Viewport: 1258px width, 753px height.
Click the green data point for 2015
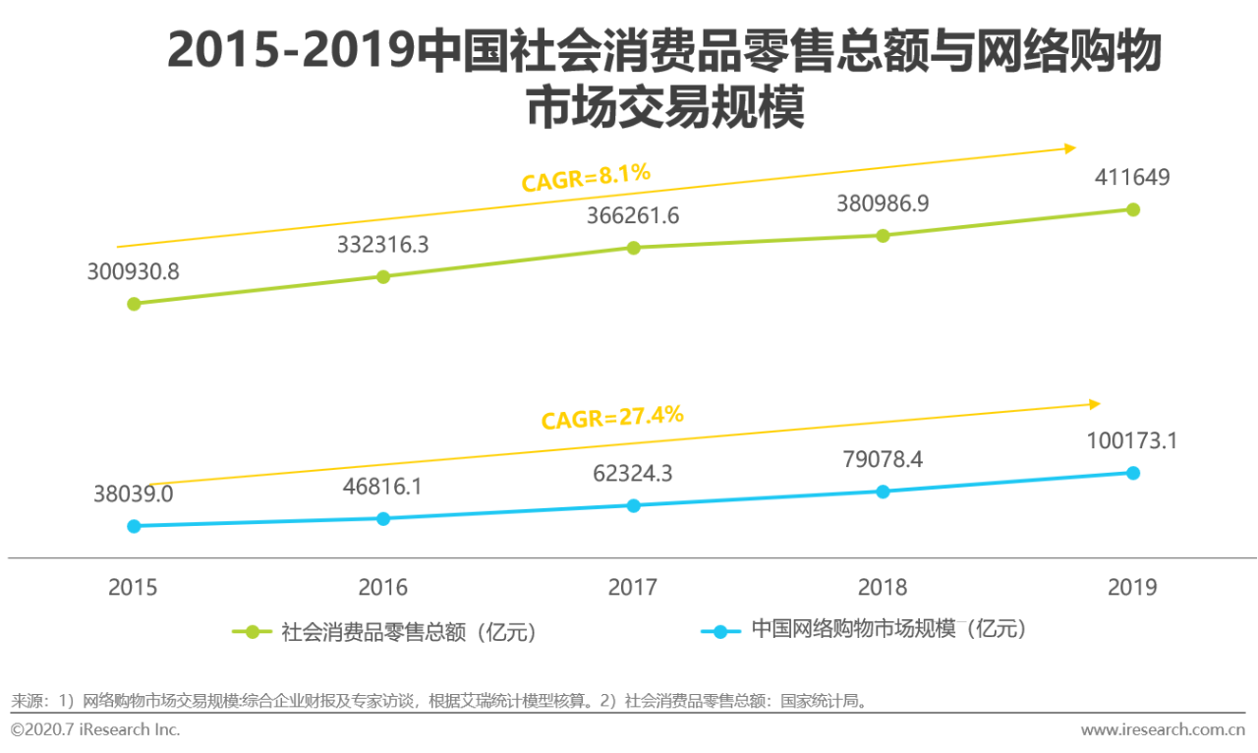click(x=134, y=304)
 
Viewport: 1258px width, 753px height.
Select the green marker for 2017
click(x=633, y=248)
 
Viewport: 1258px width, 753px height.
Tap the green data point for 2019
click(x=1132, y=209)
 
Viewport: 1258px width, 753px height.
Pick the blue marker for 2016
click(x=383, y=518)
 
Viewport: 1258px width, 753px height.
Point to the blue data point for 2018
click(x=883, y=492)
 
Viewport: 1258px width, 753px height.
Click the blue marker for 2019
click(x=1132, y=473)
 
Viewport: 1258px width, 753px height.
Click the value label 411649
click(x=1132, y=178)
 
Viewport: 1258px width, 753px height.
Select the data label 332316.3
click(x=383, y=245)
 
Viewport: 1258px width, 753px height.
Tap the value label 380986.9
click(x=883, y=203)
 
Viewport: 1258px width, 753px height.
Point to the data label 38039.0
click(x=134, y=493)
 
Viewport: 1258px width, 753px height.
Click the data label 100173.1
click(x=1131, y=440)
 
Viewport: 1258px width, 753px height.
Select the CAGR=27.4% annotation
click(x=611, y=418)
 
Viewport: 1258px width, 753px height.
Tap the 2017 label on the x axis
click(x=633, y=588)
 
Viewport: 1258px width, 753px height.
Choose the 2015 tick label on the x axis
click(x=133, y=588)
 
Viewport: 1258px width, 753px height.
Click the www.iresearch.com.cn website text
click(x=1163, y=729)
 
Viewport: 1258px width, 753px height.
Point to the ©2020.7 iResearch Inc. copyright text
click(x=95, y=729)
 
